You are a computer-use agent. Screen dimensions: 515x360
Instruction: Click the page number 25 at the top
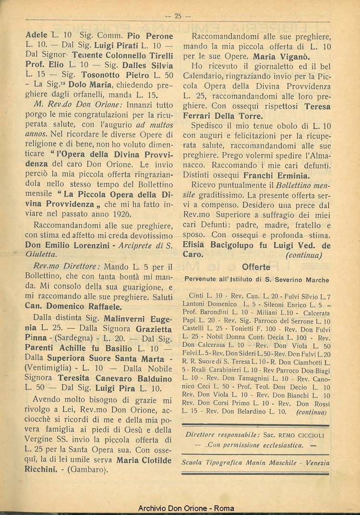[178, 16]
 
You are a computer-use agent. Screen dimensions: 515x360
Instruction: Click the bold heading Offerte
[256, 267]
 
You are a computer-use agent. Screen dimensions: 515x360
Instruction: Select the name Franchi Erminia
[276, 175]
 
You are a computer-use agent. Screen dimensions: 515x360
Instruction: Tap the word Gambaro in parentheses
[89, 469]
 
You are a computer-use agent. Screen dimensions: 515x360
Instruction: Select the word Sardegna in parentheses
[72, 337]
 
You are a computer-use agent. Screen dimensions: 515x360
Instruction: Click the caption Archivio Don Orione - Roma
[180, 508]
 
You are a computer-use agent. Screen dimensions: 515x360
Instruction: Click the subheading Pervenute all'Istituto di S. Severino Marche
[256, 279]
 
